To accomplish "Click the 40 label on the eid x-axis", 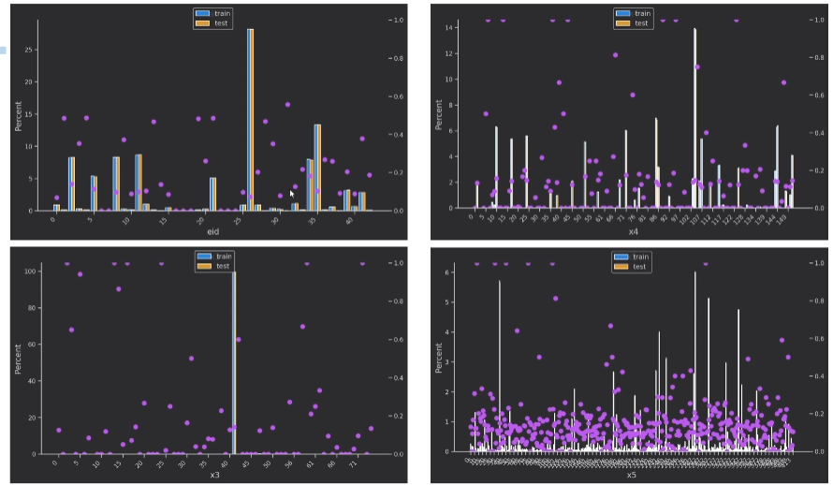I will (x=348, y=222).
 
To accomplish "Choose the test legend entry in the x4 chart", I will (x=636, y=23).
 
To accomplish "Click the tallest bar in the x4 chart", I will (x=694, y=118).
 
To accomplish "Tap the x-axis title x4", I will (x=634, y=231).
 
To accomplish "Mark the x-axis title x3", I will (x=214, y=475).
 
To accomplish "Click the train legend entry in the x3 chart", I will (x=216, y=257).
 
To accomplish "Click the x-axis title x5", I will (x=632, y=476).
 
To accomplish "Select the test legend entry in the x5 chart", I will (x=636, y=267).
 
